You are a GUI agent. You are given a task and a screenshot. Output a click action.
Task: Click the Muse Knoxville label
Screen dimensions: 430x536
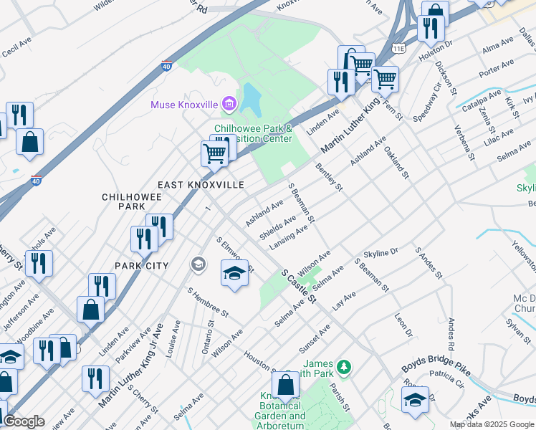click(x=183, y=105)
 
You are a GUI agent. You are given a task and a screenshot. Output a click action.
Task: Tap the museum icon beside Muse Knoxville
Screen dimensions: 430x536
click(x=229, y=105)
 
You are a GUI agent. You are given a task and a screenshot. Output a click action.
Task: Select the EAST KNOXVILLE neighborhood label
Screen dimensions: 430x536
click(x=201, y=185)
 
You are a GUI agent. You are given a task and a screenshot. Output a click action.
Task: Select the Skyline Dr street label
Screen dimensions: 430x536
click(x=381, y=253)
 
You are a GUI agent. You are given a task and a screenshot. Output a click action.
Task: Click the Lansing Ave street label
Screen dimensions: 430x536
click(x=288, y=238)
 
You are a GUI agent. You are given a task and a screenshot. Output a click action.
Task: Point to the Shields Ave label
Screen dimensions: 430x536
click(x=277, y=227)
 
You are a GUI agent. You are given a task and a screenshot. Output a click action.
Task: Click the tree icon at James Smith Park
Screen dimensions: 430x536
click(x=345, y=367)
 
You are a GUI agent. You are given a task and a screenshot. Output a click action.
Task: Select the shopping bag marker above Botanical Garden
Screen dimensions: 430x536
click(x=285, y=386)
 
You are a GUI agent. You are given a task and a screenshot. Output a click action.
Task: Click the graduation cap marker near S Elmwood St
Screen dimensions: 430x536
click(x=234, y=274)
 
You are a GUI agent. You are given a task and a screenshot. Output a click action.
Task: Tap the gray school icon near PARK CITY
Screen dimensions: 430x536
click(x=197, y=265)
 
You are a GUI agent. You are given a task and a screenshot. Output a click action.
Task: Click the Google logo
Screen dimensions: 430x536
click(x=24, y=421)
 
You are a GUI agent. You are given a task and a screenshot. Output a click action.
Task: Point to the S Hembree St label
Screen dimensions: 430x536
click(x=208, y=303)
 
